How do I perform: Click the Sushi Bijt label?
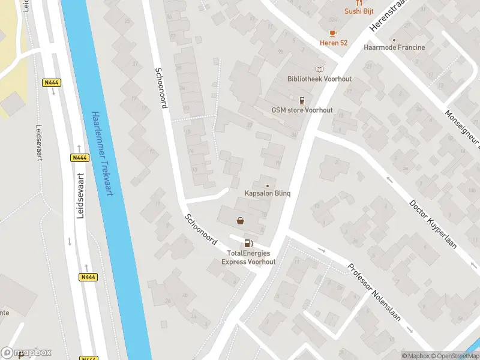(359, 11)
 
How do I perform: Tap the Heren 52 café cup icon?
(332, 33)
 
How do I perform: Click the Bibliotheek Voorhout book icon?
(319, 69)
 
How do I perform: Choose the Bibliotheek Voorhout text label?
(319, 79)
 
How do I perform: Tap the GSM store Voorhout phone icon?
(302, 100)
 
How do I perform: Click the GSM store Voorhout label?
(302, 110)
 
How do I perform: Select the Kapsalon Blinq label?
(268, 193)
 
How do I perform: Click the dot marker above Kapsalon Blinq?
(268, 185)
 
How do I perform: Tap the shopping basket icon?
(241, 221)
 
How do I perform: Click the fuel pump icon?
(248, 243)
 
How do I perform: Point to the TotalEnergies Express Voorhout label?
(248, 257)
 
